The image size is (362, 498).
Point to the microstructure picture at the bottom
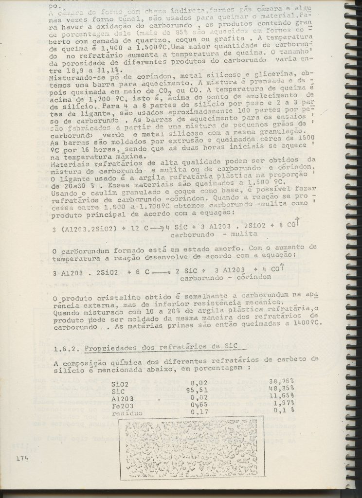(191, 447)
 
